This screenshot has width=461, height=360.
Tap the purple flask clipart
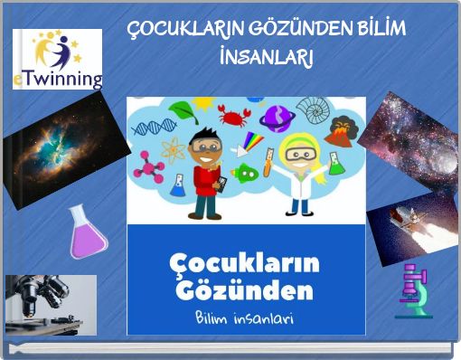87,232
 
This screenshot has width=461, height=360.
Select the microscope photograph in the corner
50,305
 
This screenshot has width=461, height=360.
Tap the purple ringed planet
278,115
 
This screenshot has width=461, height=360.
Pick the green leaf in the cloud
183,112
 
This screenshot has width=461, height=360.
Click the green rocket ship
243,172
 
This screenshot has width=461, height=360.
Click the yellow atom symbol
174,147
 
